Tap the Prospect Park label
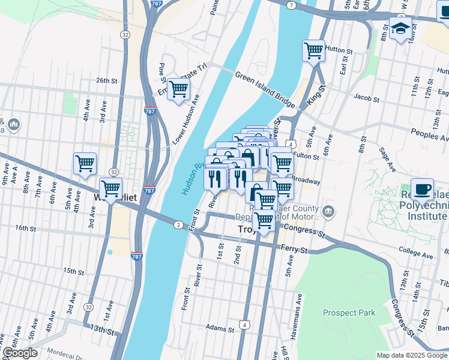(349, 313)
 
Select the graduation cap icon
(400, 28)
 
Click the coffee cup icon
(422, 190)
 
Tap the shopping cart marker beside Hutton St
(313, 51)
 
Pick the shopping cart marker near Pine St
(178, 90)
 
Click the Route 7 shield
(291, 5)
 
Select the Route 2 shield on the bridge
(178, 225)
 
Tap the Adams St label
(219, 329)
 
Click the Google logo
(20, 353)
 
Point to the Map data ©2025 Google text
(411, 355)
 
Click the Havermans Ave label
(300, 309)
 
